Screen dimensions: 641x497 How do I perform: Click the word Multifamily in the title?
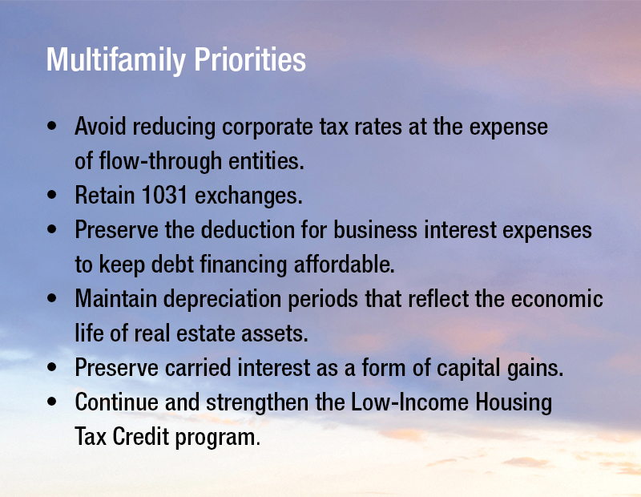click(116, 61)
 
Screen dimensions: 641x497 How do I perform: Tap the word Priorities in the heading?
click(250, 59)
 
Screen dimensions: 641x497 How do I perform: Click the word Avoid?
click(101, 126)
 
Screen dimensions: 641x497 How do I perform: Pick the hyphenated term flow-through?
click(160, 161)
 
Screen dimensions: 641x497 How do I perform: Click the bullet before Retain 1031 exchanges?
click(52, 194)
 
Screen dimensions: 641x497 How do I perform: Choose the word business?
click(375, 229)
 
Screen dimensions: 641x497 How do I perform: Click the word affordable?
click(345, 264)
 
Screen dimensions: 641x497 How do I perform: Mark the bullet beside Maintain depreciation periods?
click(52, 298)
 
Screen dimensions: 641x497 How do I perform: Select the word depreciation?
click(223, 300)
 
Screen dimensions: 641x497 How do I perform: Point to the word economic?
click(557, 298)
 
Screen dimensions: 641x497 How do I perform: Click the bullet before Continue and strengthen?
click(52, 402)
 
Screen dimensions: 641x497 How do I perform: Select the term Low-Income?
click(409, 402)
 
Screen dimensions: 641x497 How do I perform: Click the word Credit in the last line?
click(141, 436)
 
